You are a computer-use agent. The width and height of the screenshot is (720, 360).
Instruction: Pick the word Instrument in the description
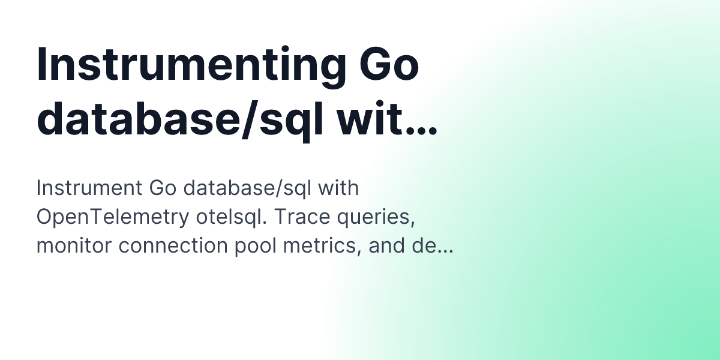click(x=88, y=188)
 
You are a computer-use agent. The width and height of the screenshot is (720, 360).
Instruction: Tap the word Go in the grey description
click(x=161, y=188)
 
